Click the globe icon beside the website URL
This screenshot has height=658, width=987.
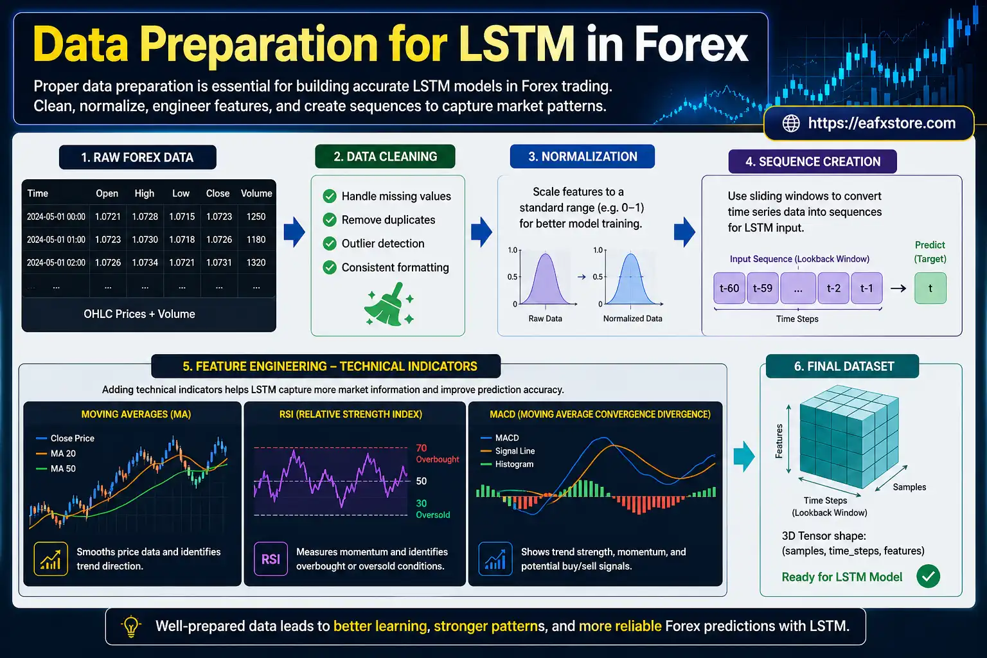coord(791,123)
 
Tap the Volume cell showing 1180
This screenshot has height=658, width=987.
coord(256,240)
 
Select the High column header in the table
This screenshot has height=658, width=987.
coord(144,193)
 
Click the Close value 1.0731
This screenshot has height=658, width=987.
coord(218,263)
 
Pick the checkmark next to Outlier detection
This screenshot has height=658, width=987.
coord(330,244)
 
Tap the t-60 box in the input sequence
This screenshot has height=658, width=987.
coord(729,289)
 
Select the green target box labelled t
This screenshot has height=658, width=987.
coord(930,289)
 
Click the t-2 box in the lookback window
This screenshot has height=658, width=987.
coord(833,289)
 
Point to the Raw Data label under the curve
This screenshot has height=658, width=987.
coord(545,319)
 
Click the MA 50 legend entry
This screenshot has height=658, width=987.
coord(62,469)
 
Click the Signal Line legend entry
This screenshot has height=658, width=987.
coord(514,451)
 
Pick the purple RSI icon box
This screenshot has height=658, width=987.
coord(271,559)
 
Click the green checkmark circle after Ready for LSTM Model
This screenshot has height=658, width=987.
coord(928,576)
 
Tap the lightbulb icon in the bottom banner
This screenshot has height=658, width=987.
coord(131,626)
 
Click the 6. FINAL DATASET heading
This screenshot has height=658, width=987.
coord(844,366)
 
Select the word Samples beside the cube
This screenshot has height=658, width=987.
coord(909,487)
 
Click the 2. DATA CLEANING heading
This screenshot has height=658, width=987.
coord(385,157)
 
